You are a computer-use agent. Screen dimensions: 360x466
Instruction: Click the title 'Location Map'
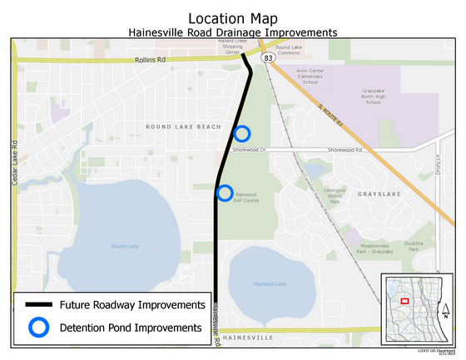(x=232, y=17)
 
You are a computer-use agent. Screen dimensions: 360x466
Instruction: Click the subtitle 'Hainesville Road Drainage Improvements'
(x=232, y=32)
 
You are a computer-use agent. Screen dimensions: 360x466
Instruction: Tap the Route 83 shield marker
(x=265, y=59)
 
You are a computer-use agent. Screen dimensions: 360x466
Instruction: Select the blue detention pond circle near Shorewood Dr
(x=242, y=133)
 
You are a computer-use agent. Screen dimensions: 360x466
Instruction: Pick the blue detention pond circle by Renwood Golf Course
(x=225, y=193)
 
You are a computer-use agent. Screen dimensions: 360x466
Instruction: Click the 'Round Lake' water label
(x=124, y=246)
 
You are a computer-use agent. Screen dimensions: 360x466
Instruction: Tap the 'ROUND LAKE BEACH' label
(x=183, y=126)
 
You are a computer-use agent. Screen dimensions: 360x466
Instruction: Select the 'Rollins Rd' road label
(x=152, y=61)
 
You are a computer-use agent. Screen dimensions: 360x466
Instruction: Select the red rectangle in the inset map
(x=404, y=301)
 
